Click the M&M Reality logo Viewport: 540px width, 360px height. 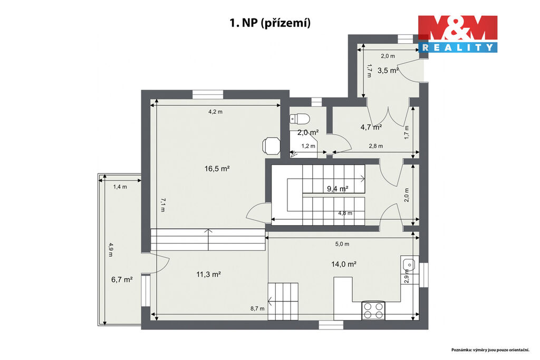click(x=458, y=34)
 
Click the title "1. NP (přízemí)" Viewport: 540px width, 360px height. click(x=270, y=23)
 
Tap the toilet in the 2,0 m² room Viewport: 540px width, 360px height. click(x=300, y=119)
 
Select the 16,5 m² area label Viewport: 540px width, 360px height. click(x=217, y=169)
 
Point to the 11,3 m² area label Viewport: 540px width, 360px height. click(x=208, y=274)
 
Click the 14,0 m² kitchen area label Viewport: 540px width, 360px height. click(x=344, y=264)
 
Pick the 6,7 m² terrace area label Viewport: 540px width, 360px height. click(x=122, y=279)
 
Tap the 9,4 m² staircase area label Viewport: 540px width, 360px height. click(x=337, y=189)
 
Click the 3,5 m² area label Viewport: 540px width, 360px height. click(x=388, y=71)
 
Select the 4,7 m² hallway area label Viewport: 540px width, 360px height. click(x=371, y=127)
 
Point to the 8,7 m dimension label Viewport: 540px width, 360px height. click(x=257, y=309)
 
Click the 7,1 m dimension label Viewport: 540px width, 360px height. click(x=163, y=205)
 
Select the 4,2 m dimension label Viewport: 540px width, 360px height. click(x=216, y=112)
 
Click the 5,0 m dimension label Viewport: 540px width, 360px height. click(x=342, y=244)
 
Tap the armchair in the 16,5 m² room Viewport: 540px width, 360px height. click(x=272, y=145)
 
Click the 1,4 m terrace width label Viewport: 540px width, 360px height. click(x=120, y=187)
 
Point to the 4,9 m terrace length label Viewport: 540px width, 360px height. click(x=111, y=250)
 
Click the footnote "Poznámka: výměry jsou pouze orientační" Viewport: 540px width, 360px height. click(x=491, y=349)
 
